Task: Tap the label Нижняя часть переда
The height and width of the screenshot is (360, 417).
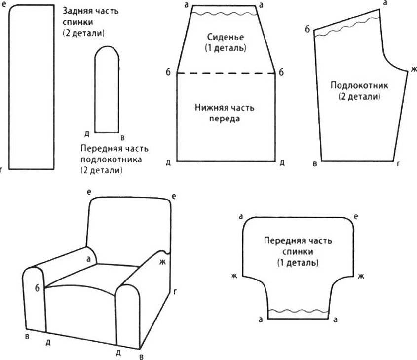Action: pyautogui.click(x=225, y=112)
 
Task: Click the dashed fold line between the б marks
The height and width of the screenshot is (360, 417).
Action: pyautogui.click(x=226, y=73)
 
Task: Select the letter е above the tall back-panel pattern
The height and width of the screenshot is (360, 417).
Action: pyautogui.click(x=4, y=5)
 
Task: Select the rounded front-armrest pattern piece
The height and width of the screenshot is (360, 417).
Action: pyautogui.click(x=106, y=91)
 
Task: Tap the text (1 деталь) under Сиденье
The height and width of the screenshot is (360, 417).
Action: pyautogui.click(x=225, y=48)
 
